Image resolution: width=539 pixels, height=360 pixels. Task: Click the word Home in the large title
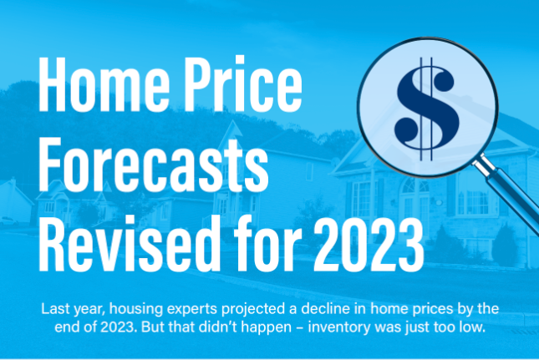pyautogui.click(x=104, y=84)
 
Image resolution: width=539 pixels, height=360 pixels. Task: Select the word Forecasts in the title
pyautogui.click(x=153, y=165)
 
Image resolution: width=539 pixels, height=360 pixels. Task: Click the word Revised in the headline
pyautogui.click(x=129, y=243)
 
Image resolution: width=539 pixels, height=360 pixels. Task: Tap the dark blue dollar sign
pyautogui.click(x=427, y=109)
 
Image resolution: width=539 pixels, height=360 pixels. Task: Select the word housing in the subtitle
pyautogui.click(x=136, y=309)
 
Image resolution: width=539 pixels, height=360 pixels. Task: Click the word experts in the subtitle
pyautogui.click(x=192, y=310)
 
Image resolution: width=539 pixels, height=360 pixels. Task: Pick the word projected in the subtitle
pyautogui.click(x=253, y=310)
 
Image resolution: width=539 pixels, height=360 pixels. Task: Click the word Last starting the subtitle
pyautogui.click(x=53, y=309)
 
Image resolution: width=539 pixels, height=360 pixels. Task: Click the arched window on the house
pyautogui.click(x=415, y=185)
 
